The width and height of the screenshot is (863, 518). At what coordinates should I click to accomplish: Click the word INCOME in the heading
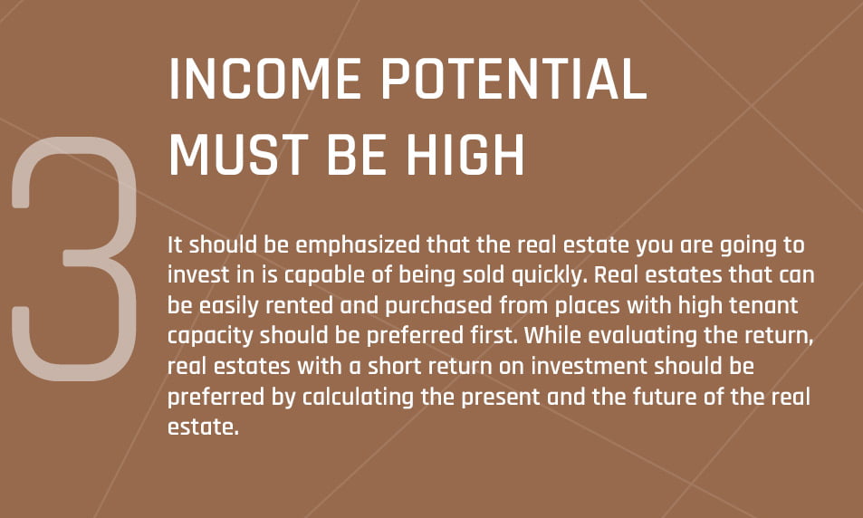264,79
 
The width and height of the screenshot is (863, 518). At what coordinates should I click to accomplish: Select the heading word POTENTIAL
514,79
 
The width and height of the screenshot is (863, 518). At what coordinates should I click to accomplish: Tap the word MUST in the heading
238,155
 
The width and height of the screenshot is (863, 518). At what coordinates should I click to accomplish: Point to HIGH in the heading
465,155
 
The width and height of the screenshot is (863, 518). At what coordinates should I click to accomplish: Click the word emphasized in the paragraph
358,245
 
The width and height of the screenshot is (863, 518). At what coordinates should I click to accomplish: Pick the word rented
300,305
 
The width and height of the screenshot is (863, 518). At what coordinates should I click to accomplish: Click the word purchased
438,306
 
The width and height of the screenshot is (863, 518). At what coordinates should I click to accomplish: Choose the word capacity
211,336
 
